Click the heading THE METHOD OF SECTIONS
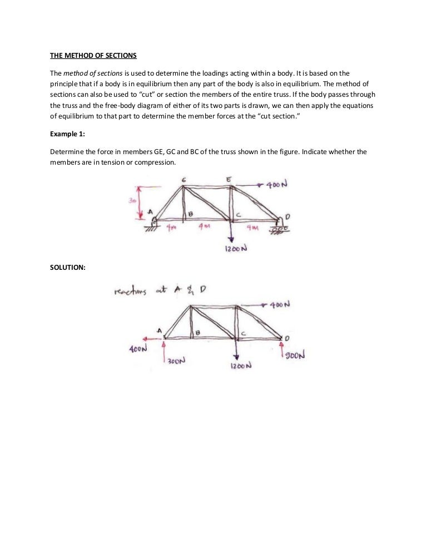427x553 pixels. click(x=93, y=55)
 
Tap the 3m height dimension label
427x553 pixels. click(x=132, y=200)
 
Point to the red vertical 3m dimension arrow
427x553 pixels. click(x=140, y=203)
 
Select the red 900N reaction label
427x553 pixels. click(x=296, y=355)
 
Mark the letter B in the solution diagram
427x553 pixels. click(x=196, y=333)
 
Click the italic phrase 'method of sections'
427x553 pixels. click(x=90, y=74)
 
